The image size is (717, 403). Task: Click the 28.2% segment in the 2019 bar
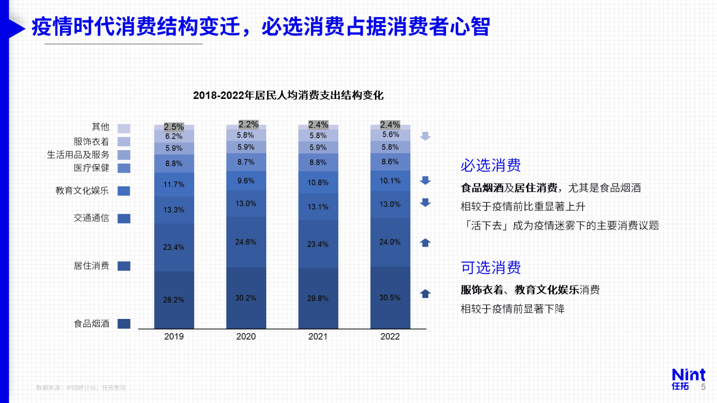(x=174, y=300)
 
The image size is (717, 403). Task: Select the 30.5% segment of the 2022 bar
(x=390, y=298)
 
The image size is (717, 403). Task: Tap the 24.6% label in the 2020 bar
(x=246, y=242)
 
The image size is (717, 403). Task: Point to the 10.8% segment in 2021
(x=318, y=183)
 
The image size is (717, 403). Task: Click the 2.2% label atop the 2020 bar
(x=248, y=124)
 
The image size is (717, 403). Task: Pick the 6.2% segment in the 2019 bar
(x=174, y=136)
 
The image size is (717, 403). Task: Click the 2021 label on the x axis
(x=318, y=337)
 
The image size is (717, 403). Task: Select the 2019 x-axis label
(x=174, y=337)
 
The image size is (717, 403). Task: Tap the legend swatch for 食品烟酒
(x=124, y=323)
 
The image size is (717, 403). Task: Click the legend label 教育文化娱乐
(x=82, y=191)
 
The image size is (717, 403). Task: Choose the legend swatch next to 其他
(x=124, y=128)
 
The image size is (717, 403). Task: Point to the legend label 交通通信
(x=91, y=218)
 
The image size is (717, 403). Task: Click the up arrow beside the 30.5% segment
(x=425, y=294)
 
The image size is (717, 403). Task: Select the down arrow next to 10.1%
(x=425, y=181)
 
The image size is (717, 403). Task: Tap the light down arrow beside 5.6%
(x=425, y=136)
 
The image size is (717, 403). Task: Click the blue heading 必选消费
(x=491, y=165)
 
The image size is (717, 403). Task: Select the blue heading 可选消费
(x=491, y=267)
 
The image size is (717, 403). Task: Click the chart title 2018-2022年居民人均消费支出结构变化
(x=288, y=95)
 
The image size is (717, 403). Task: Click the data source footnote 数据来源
(x=81, y=388)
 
